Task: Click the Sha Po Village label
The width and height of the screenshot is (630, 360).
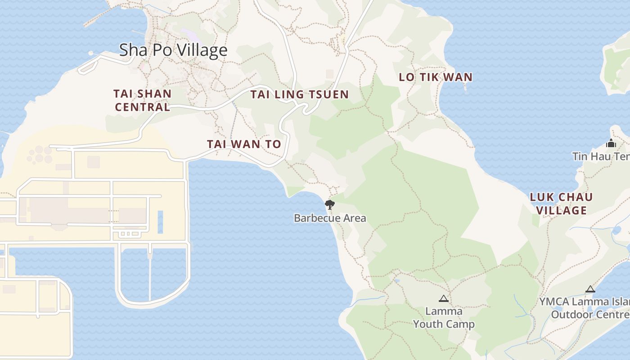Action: coord(173,50)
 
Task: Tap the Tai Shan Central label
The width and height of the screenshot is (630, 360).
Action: coord(142,100)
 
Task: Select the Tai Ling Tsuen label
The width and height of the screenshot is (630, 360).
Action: coord(299,94)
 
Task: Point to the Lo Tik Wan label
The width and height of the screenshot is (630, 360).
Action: coord(436,77)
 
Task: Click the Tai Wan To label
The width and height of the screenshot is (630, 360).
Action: coord(244,144)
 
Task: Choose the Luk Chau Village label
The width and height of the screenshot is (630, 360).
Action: coord(561,203)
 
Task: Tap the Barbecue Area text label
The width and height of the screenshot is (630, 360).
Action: coord(330,218)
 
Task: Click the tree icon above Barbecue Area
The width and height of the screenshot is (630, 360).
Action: coord(330,205)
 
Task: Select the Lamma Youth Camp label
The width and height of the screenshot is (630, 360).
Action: coord(444,318)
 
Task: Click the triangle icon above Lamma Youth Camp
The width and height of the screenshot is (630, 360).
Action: coord(444,298)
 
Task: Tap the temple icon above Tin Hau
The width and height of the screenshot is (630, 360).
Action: coord(611,144)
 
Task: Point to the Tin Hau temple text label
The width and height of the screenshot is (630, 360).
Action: coord(601,156)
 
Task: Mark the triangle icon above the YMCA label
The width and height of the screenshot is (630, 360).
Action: coord(590,289)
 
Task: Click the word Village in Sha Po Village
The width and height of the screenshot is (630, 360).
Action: coord(201,50)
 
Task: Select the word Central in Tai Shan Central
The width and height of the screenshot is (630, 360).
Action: coord(142,107)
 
